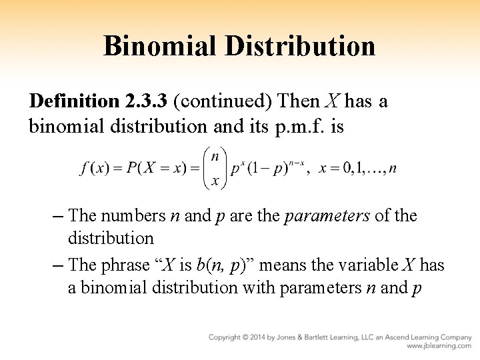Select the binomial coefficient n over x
click(215, 169)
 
